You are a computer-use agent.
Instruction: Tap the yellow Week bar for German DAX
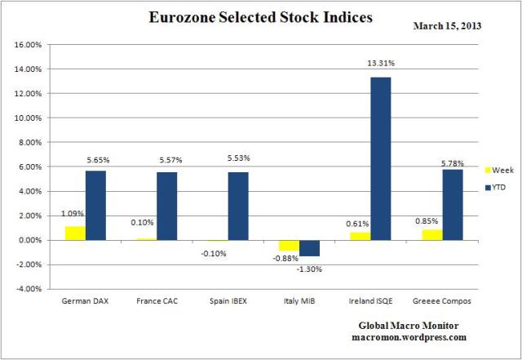click(x=74, y=233)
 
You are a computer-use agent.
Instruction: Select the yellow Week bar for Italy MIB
click(x=289, y=245)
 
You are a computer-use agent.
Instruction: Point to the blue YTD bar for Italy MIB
click(x=309, y=247)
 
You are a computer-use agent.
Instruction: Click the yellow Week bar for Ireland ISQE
click(x=360, y=236)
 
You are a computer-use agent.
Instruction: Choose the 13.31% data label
click(x=381, y=62)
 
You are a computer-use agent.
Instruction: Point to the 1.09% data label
click(x=73, y=214)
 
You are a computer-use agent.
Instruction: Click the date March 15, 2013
click(x=447, y=25)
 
